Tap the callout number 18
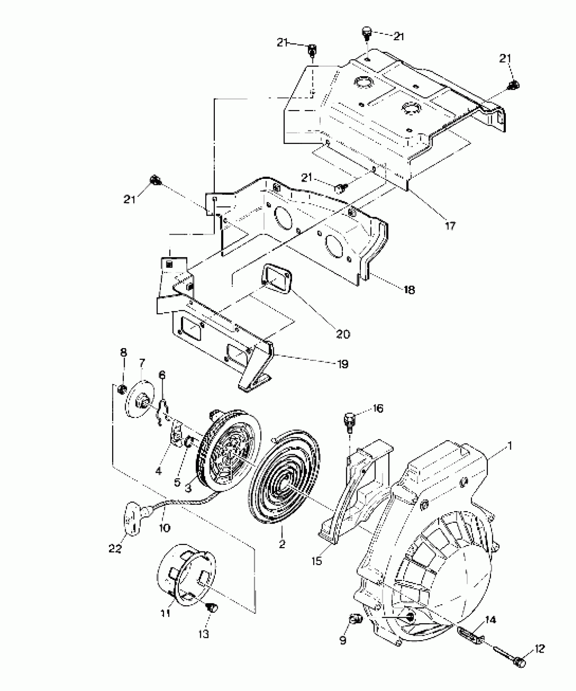409,290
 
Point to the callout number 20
343,334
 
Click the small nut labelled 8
122,390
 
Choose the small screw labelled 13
212,608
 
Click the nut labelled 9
355,619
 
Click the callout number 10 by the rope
165,528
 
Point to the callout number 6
162,375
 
